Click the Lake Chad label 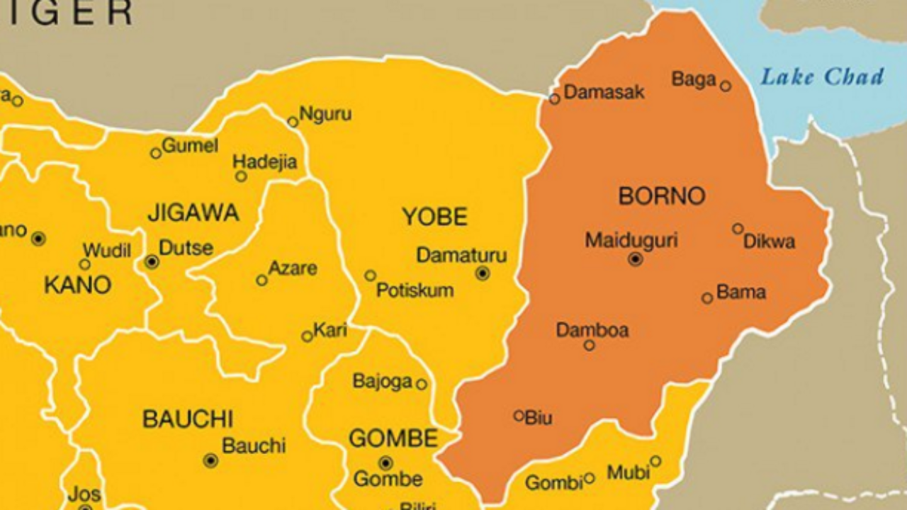[x=822, y=76]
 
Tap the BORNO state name [x=662, y=196]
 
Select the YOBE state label [x=435, y=217]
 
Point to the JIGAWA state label [x=193, y=212]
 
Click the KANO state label [x=78, y=285]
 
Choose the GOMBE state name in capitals [x=393, y=438]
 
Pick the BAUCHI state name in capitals [x=188, y=419]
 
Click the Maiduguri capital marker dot [x=636, y=259]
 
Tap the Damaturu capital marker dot [x=483, y=273]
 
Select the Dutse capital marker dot [x=152, y=262]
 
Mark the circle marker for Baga [x=726, y=86]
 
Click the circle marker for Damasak [x=554, y=98]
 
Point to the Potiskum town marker [x=370, y=276]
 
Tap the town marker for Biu [x=519, y=416]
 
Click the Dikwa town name [x=769, y=242]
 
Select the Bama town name [x=741, y=292]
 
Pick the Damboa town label [x=592, y=330]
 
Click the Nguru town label [x=325, y=114]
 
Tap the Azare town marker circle [x=261, y=280]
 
